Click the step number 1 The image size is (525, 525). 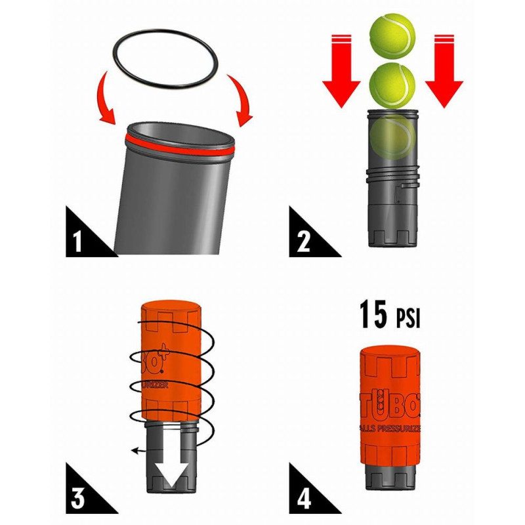pos(77,241)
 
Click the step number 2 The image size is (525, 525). pos(303,241)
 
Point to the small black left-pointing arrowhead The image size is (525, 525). pos(134,451)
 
